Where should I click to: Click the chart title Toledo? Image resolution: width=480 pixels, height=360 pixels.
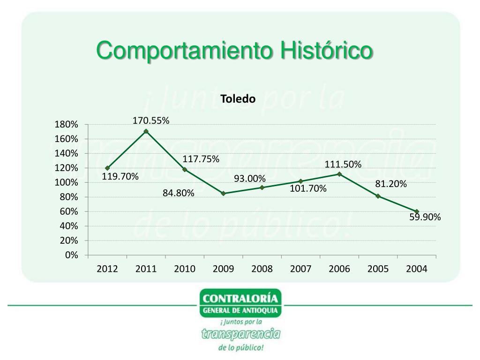(x=238, y=99)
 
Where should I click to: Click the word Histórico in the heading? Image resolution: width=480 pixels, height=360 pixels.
(x=327, y=51)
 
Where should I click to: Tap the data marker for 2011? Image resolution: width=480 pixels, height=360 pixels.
(x=146, y=131)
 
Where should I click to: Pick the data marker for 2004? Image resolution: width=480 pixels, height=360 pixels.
(x=417, y=211)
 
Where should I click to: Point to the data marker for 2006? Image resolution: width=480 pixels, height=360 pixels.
(x=339, y=174)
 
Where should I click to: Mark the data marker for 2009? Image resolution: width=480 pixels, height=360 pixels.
(x=223, y=193)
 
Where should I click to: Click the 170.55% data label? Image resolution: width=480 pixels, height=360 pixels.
(x=151, y=121)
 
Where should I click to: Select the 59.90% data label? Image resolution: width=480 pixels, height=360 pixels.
(x=425, y=217)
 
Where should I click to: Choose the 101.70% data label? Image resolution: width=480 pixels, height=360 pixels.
(x=308, y=188)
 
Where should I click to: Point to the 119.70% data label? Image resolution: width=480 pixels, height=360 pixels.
(x=120, y=177)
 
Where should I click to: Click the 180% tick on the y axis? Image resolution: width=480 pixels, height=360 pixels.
(x=66, y=125)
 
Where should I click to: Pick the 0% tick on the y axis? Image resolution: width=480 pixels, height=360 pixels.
(x=72, y=255)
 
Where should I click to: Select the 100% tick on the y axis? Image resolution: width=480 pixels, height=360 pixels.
(x=66, y=182)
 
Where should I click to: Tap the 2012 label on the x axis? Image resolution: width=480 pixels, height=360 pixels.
(x=107, y=269)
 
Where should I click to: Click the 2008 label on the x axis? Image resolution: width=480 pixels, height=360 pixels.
(x=262, y=269)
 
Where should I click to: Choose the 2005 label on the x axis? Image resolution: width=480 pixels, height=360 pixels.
(x=378, y=269)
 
